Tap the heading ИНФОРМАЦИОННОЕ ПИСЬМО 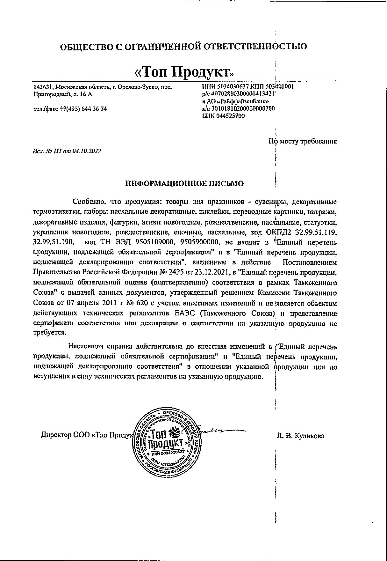[x=184, y=183]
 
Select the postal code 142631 [x=43, y=87]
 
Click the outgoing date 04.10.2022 [x=87, y=151]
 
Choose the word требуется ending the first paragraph [x=50, y=332]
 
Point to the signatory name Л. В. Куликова [x=301, y=436]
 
